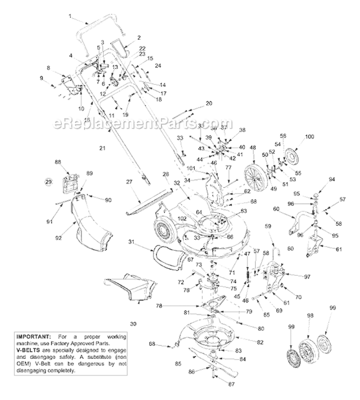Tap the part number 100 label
310,137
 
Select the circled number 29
48,182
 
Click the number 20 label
208,103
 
